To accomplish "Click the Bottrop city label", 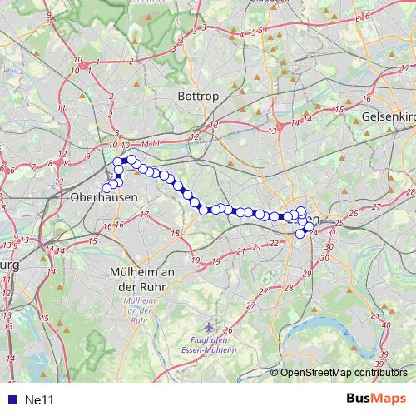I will (198, 97).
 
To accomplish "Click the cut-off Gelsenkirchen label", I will (389, 117).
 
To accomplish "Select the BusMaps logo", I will (376, 399).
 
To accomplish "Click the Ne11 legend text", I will (39, 399).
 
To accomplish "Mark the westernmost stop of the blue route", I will (106, 187).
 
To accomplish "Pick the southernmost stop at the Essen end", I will (300, 234).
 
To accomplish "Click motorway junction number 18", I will (175, 233).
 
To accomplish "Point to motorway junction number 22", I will (274, 243).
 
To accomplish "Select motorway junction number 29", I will (307, 274).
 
